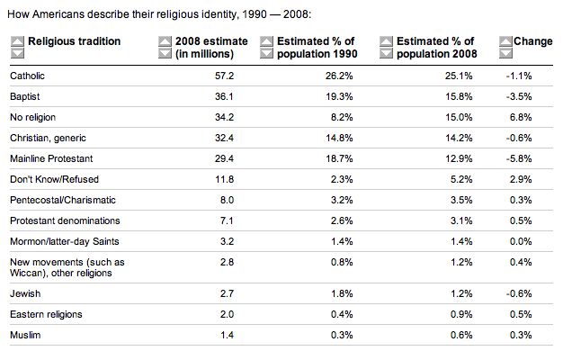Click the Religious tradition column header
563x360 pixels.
74,42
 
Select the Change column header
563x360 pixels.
532,42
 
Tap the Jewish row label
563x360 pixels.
25,293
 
